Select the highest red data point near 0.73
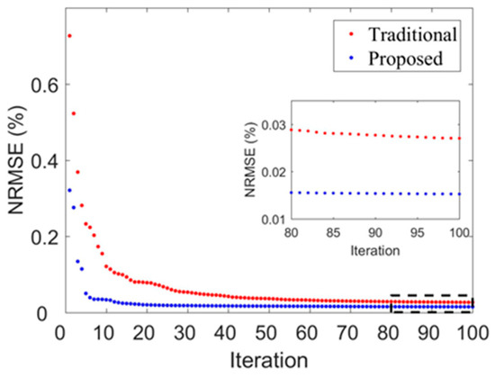pos(69,36)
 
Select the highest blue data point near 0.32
pos(69,190)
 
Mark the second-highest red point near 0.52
pos(74,113)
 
